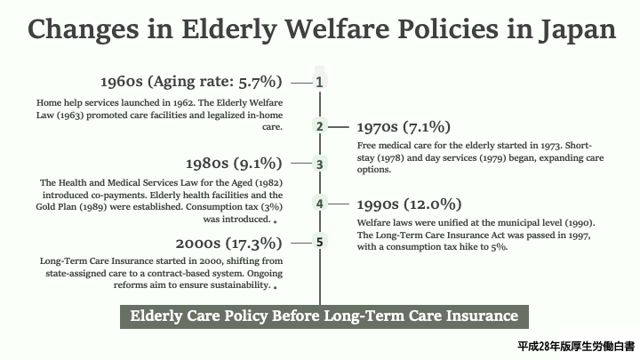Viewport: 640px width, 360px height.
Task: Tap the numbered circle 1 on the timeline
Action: (x=320, y=82)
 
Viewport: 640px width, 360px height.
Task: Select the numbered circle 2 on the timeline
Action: (x=320, y=126)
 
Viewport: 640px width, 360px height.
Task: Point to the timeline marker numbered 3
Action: (x=320, y=164)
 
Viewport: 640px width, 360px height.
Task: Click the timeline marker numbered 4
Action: (x=320, y=204)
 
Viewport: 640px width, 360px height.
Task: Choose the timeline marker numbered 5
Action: (x=320, y=242)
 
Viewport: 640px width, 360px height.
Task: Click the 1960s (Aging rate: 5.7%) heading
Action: (x=191, y=82)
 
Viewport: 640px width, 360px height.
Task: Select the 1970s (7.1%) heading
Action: (x=404, y=127)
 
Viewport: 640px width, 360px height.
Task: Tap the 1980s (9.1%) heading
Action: (x=234, y=164)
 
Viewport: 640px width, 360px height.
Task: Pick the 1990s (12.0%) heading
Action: (x=410, y=204)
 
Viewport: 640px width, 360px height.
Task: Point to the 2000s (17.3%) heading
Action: (x=229, y=244)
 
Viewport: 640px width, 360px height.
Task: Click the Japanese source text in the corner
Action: (x=576, y=346)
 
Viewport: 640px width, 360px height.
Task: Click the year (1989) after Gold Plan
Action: (x=93, y=207)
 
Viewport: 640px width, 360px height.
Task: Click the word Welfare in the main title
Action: (x=338, y=29)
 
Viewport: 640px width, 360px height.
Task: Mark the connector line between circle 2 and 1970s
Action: (x=339, y=127)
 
